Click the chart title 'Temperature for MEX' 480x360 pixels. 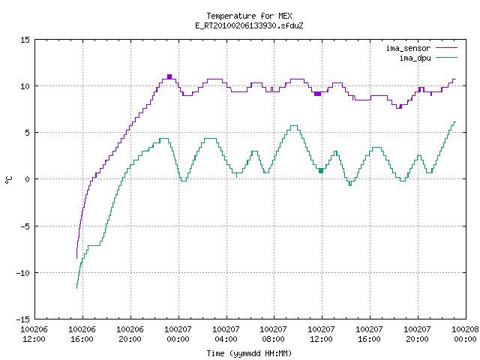(249, 16)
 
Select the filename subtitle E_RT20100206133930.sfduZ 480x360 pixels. (249, 25)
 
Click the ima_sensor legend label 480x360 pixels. (408, 48)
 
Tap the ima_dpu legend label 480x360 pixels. (415, 58)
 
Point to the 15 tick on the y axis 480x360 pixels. (25, 40)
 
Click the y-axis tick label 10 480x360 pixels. (25, 86)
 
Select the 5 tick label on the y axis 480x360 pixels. (28, 133)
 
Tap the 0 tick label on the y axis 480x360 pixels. (28, 179)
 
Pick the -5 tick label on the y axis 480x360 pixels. (25, 226)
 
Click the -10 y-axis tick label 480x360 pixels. (23, 273)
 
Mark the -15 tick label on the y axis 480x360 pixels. (23, 319)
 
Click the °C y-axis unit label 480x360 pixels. (8, 180)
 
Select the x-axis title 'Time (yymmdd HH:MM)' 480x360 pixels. (249, 353)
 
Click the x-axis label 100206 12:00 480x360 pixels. (34, 334)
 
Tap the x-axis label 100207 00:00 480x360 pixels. (178, 334)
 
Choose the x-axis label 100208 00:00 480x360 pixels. (465, 334)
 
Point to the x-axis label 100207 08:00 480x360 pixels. (273, 334)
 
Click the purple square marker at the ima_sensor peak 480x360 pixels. (169, 76)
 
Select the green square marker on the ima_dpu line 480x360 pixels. (321, 171)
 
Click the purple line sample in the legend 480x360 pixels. (447, 48)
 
